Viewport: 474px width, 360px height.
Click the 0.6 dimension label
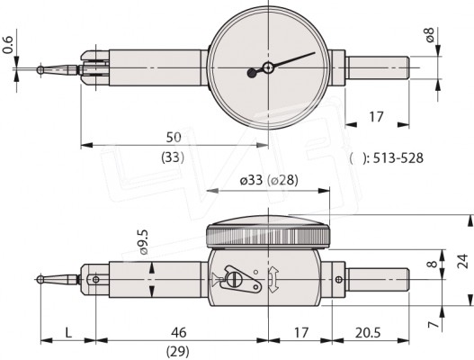pos(7,45)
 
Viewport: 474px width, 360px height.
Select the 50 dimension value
pos(174,138)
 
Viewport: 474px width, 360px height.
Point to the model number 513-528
pos(398,157)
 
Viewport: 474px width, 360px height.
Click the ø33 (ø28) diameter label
pos(269,180)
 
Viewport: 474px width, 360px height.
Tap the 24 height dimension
pos(462,261)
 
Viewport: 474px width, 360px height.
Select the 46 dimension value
pos(179,332)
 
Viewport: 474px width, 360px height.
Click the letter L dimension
pos(68,333)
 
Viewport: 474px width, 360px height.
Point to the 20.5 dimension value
pos(367,333)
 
